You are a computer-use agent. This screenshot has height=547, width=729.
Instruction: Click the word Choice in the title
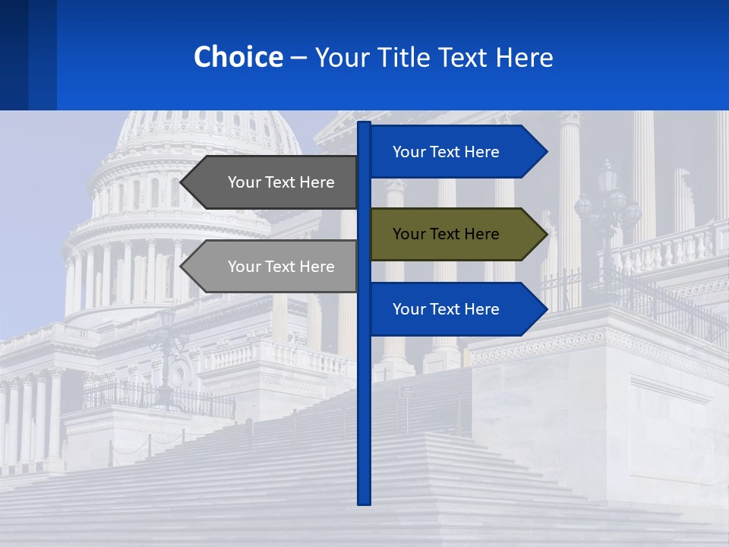[238, 57]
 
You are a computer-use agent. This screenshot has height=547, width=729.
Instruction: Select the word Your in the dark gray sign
[244, 182]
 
